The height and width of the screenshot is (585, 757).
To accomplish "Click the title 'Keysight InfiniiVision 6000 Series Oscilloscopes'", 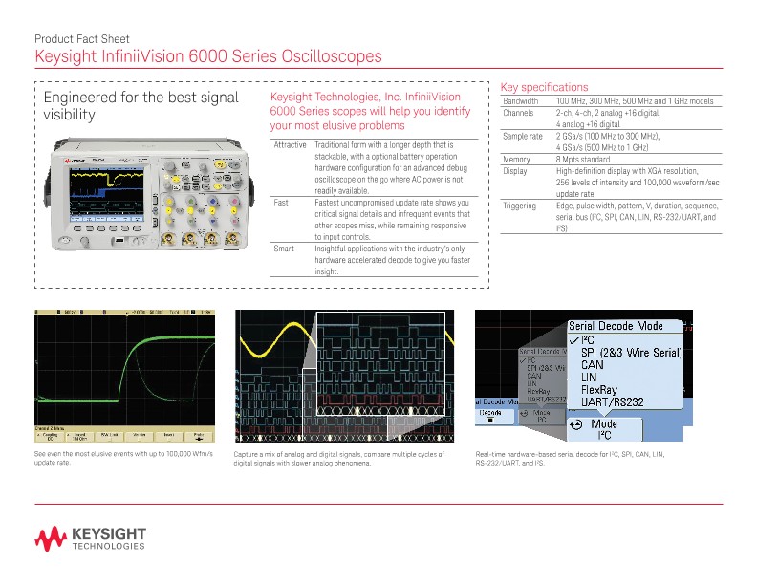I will point(207,56).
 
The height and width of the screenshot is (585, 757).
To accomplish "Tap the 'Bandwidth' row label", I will point(520,101).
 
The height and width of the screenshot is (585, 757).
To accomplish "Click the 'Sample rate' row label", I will point(523,137).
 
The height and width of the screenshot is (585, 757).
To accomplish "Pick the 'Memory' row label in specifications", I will point(516,160).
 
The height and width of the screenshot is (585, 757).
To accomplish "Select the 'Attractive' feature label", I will point(290,145).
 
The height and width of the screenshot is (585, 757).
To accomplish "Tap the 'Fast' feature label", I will point(281,203).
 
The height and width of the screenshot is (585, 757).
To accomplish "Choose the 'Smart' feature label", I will point(283,249).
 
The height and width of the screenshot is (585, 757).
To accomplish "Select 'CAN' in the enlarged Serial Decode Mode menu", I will point(593,364).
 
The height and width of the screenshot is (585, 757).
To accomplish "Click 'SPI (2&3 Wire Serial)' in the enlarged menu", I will point(631,352).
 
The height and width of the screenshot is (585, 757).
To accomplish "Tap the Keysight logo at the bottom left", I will point(91,538).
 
